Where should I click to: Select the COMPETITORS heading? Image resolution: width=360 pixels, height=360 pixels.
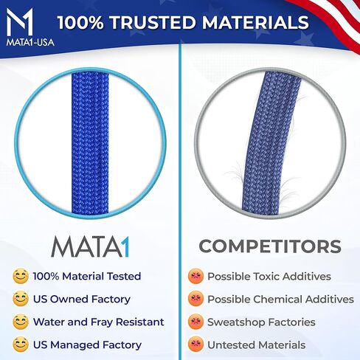pos(269,246)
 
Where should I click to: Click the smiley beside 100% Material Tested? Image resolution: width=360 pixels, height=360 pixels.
pos(21,277)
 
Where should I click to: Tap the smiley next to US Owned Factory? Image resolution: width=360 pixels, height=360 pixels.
pos(21,300)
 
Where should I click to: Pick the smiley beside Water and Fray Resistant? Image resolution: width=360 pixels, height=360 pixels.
pos(21,322)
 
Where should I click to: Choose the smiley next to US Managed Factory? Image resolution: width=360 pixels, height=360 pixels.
pos(21,345)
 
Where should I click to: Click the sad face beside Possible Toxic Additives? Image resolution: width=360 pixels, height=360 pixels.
pos(195,277)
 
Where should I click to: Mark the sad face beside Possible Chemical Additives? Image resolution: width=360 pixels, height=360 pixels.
pos(195,300)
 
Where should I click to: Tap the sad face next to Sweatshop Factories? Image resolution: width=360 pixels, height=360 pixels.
pos(195,322)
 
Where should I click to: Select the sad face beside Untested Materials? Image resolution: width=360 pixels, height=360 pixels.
pos(195,345)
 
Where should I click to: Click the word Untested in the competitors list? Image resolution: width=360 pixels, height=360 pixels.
pos(230,345)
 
